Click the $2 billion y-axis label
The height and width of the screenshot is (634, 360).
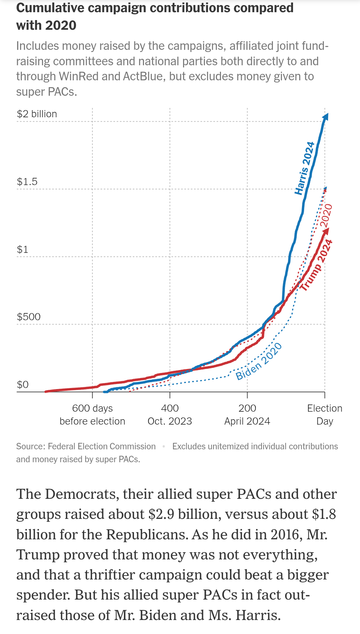[x=37, y=114]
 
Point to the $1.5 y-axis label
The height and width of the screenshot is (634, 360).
[x=27, y=181]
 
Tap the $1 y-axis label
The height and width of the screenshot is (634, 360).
[x=23, y=249]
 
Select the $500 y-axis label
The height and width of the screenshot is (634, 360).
[x=29, y=317]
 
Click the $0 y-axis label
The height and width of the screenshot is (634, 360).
[x=23, y=384]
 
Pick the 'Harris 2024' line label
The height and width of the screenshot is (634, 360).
[x=304, y=168]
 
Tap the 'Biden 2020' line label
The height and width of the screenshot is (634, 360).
[x=259, y=361]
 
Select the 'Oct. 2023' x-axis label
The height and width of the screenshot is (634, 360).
[x=170, y=421]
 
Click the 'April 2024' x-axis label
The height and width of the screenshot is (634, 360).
[x=247, y=421]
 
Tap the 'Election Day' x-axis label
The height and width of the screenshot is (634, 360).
[x=325, y=415]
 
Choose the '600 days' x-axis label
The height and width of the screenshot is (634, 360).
[x=92, y=408]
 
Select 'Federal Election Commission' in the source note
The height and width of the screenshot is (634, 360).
[x=102, y=446]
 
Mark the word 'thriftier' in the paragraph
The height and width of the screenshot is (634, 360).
[x=110, y=575]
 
